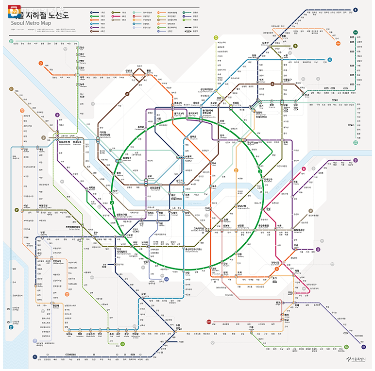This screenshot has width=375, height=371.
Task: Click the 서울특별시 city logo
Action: coord(358,359)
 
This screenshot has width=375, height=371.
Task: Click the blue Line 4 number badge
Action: coord(330,60)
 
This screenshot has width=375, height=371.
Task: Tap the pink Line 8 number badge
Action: coord(304,169)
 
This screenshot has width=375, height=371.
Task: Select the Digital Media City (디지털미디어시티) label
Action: coord(103,133)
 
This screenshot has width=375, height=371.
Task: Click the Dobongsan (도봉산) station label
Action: coord(265,43)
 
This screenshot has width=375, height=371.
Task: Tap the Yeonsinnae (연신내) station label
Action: coord(129,70)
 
